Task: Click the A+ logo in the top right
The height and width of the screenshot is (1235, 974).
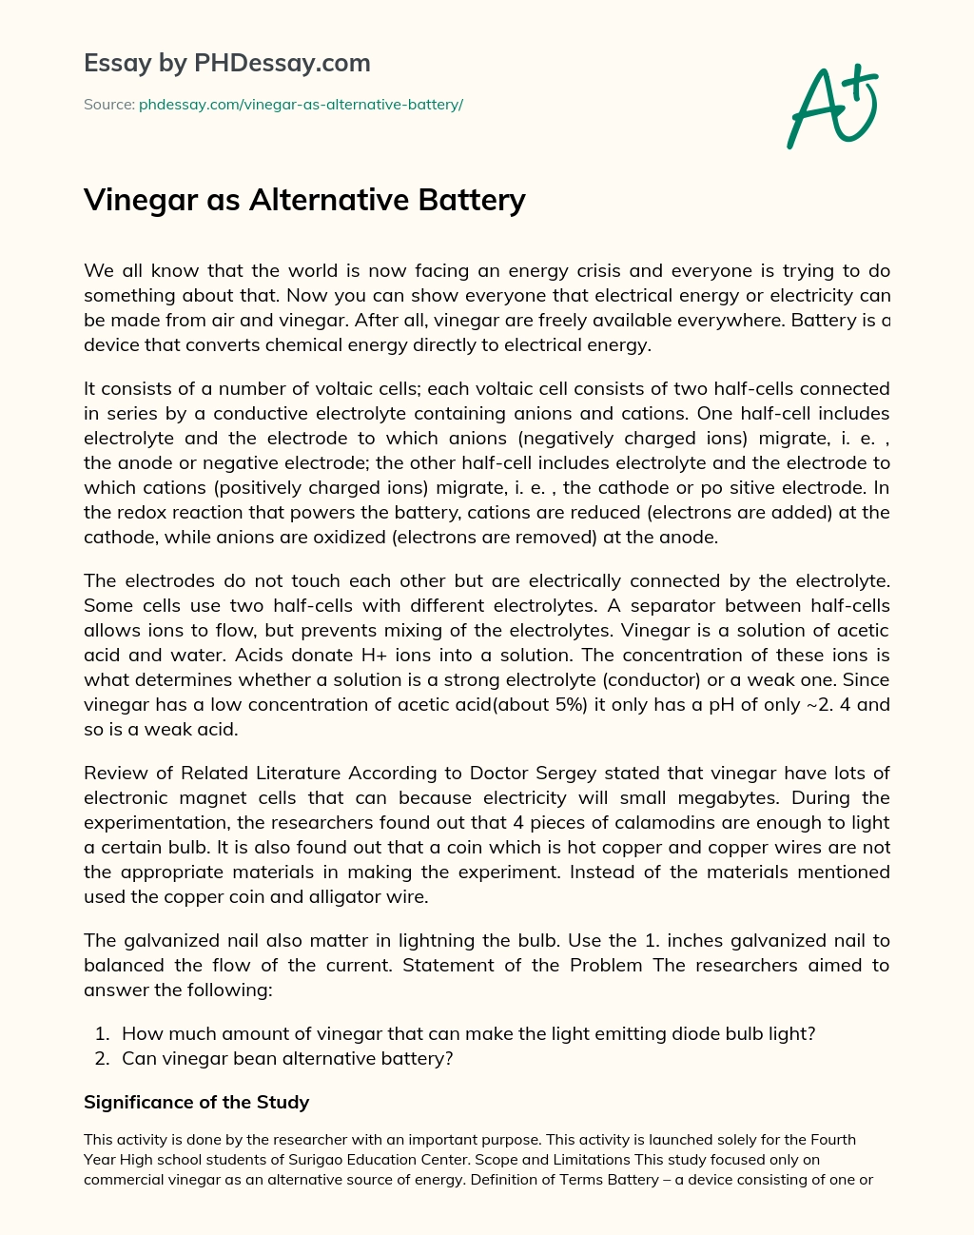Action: point(832,107)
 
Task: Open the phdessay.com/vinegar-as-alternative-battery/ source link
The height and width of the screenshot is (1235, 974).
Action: point(301,105)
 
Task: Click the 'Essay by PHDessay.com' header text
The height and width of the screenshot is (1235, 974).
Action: point(227,64)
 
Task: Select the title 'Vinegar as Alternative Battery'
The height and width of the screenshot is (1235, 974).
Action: point(304,200)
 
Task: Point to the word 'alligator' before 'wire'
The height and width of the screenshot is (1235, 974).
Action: point(338,896)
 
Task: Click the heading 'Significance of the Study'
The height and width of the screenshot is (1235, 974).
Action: point(196,1103)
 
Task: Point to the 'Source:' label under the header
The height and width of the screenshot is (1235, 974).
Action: point(108,105)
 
